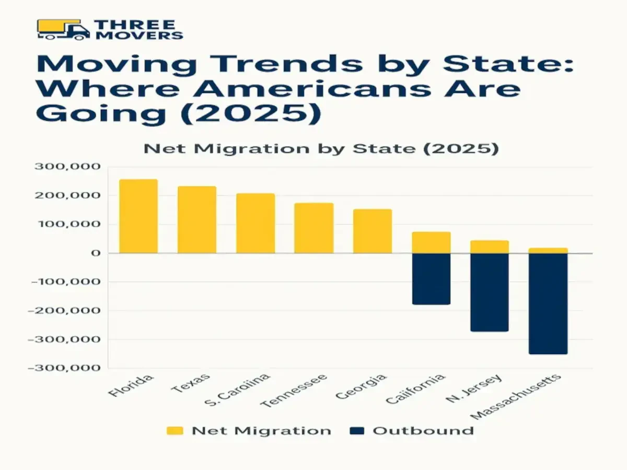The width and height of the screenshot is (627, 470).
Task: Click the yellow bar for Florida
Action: tap(138, 216)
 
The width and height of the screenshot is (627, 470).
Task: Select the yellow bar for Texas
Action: tap(197, 219)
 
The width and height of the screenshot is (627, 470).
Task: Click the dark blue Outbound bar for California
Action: tap(431, 279)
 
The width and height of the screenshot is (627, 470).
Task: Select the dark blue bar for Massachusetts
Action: tap(548, 303)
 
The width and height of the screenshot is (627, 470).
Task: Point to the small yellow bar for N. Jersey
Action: tap(490, 246)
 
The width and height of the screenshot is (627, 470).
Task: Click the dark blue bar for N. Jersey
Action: tap(490, 292)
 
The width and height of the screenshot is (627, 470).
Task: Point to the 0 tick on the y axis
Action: tap(95, 253)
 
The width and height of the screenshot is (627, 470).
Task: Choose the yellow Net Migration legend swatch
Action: tap(175, 431)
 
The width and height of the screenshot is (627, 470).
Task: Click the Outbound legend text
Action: tap(423, 431)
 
